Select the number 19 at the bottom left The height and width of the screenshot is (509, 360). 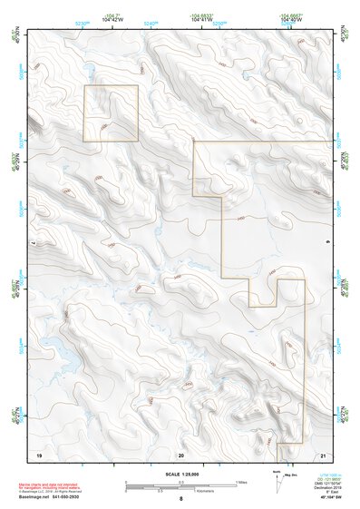39,453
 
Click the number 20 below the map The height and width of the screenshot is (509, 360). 180,453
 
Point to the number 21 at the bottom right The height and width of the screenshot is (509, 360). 322,453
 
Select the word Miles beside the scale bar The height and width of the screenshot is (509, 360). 241,482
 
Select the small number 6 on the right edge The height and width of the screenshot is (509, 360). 327,243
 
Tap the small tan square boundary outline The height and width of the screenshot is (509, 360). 111,113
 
